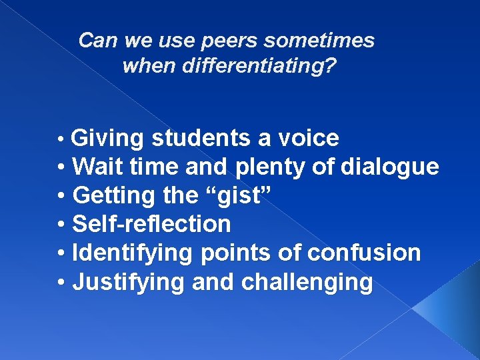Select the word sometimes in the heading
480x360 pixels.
click(x=319, y=41)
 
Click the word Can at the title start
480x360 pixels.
click(x=99, y=41)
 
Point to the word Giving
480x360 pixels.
click(x=107, y=139)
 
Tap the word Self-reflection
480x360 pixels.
click(x=151, y=225)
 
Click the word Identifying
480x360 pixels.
click(x=131, y=254)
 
